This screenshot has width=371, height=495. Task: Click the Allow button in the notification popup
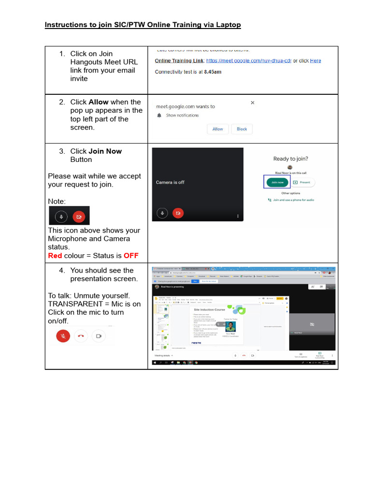tap(218, 129)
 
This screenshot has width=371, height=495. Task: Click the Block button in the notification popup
tap(242, 129)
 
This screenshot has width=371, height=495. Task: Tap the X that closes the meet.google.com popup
tap(252, 102)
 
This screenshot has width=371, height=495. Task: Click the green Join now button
tap(277, 182)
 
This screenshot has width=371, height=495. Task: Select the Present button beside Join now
tap(303, 182)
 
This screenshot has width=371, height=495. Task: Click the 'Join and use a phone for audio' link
tap(291, 200)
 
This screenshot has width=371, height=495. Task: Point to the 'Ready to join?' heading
tap(291, 159)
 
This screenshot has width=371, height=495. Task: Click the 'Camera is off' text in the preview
tap(170, 182)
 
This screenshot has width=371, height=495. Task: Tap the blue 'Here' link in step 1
tap(315, 61)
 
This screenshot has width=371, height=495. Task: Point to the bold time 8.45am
tap(213, 72)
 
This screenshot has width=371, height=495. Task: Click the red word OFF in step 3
tap(131, 256)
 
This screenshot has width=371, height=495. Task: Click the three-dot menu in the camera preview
tap(238, 216)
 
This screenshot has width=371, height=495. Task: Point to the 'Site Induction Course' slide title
tap(210, 309)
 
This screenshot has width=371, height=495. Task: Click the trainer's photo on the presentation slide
tap(230, 326)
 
